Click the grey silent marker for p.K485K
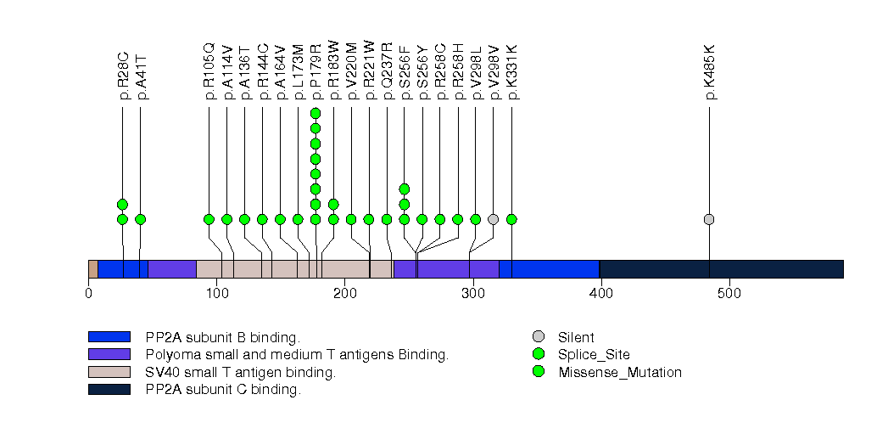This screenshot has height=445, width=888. tap(709, 219)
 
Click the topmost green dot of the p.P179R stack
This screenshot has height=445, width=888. tap(316, 113)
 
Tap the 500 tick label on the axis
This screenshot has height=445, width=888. tap(729, 294)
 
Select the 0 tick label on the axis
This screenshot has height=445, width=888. tap(88, 294)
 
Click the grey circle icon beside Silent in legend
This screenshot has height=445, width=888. tap(539, 337)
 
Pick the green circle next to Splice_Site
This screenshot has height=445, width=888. tap(539, 354)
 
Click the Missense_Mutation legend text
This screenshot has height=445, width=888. tap(619, 372)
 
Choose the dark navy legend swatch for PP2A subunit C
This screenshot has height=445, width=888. tap(109, 389)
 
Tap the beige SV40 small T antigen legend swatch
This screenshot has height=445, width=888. tap(109, 372)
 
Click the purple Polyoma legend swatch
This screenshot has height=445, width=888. tap(109, 354)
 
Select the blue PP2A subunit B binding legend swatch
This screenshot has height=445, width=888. tap(109, 337)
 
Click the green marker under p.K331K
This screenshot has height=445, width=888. tap(511, 219)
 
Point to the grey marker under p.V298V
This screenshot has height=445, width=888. tap(494, 219)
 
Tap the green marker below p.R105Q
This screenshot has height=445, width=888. tap(209, 219)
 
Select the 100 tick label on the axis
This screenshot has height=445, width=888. tap(216, 294)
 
